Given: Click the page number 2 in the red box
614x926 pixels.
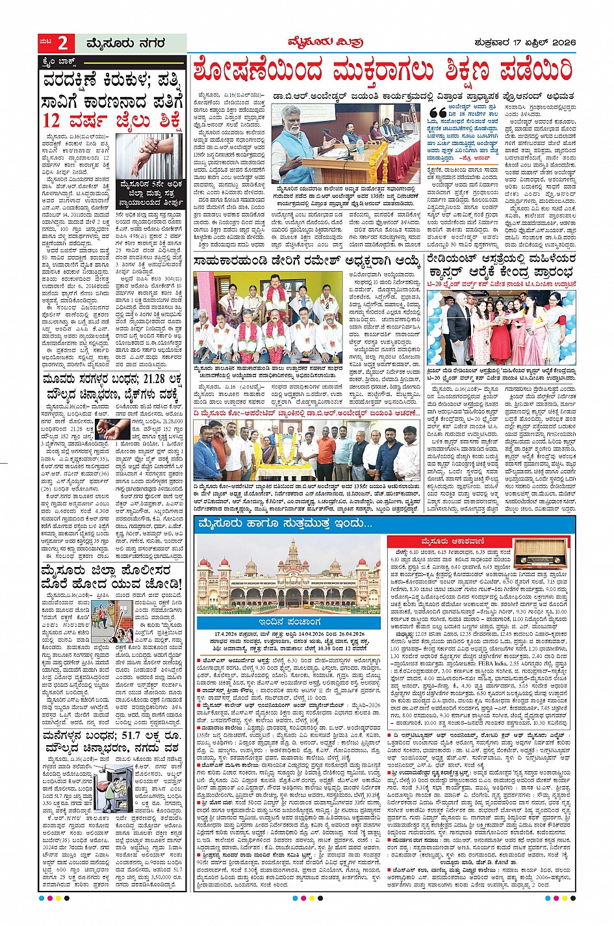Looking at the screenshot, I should pyautogui.click(x=62, y=44).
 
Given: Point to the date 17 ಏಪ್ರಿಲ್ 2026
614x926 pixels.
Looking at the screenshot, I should pyautogui.click(x=545, y=43).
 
